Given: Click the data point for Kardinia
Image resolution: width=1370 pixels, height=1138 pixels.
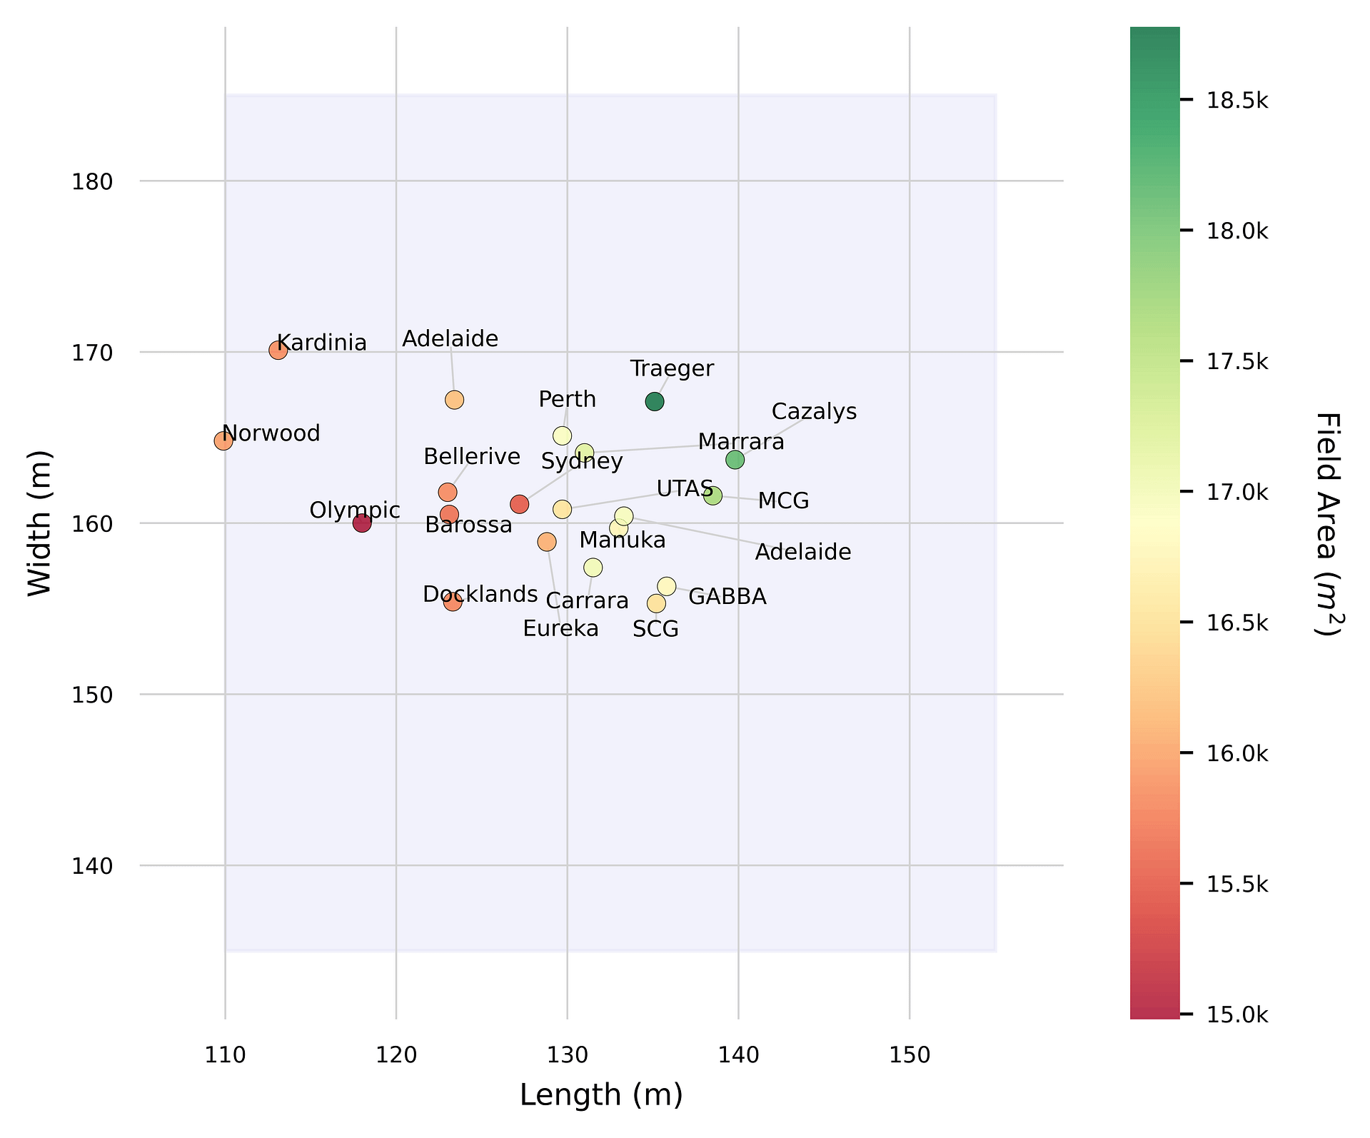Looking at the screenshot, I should pos(278,351).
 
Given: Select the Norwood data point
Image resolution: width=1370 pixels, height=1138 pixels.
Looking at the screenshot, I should pos(223,441).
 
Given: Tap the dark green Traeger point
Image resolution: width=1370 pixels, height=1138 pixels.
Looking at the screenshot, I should pos(655,402).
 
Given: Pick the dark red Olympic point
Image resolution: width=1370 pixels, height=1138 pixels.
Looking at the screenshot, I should pos(362,523).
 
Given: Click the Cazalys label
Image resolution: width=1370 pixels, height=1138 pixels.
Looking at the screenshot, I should pos(814,412).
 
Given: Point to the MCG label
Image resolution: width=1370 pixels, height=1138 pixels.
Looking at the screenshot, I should pos(783,501).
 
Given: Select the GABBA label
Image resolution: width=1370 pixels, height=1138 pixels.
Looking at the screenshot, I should pos(727,597).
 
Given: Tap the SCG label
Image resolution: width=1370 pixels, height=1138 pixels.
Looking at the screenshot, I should pos(655,630).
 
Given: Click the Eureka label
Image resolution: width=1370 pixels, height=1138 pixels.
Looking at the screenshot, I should pos(560,629).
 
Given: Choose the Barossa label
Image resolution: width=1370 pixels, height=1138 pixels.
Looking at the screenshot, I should pos(468,525).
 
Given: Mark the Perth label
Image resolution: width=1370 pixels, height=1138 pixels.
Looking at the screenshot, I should pos(567,400).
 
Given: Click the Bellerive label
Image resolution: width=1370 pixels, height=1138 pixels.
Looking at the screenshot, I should pos(472,457).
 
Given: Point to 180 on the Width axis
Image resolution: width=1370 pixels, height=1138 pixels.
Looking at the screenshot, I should pos(92,182).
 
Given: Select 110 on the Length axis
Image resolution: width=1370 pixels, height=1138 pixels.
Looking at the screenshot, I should pos(226,1055).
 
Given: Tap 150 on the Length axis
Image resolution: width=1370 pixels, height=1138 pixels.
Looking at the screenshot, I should pos(910,1055).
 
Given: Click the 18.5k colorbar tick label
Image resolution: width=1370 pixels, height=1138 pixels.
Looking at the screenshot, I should pos(1237,101).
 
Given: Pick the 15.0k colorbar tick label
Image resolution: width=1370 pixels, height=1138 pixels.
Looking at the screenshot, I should pos(1237,1014).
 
